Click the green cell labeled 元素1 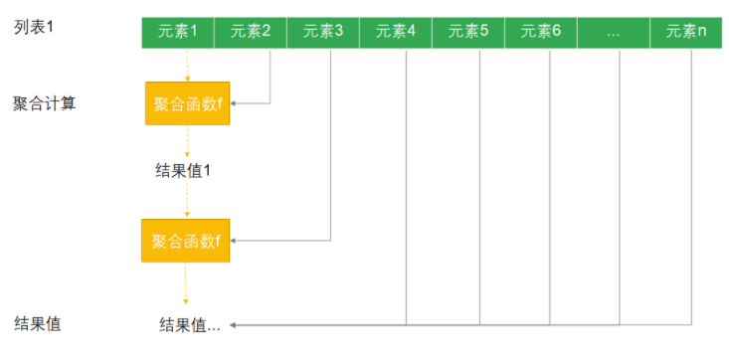pos(178,33)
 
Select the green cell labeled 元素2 pos(251,33)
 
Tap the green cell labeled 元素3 pos(323,33)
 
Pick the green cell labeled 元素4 pos(396,33)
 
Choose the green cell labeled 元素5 pos(468,33)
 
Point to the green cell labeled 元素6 pos(541,33)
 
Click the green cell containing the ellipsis pos(614,33)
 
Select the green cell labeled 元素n pos(686,33)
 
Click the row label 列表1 pos(34,28)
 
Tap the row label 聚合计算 pos(44,103)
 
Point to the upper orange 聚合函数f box pos(187,103)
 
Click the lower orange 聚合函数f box pos(186,241)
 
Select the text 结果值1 pos(183,171)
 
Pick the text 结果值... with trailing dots pos(190,325)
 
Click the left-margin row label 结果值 pos(38,323)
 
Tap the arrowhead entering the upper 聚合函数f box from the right pos(233,103)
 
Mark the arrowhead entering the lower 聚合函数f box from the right pos(233,241)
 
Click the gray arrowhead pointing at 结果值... pos(233,325)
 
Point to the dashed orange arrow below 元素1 pos(187,65)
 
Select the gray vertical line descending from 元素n pos(692,187)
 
